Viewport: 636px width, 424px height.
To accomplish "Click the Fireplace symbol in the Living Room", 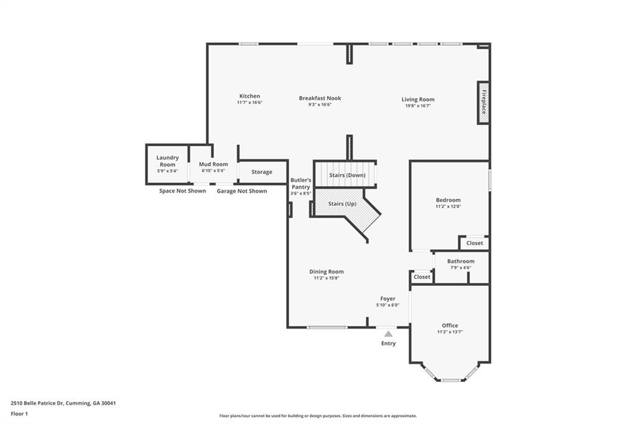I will (x=483, y=103).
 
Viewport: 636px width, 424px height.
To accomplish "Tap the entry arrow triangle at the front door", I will (x=388, y=334).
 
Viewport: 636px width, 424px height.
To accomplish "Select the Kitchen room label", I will (x=250, y=96).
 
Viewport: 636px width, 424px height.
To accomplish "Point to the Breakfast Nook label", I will (x=320, y=98).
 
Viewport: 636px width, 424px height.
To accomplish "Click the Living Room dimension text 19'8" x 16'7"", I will (x=418, y=106).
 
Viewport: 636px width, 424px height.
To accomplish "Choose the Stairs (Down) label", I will (x=347, y=175).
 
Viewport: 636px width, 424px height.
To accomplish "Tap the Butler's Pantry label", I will (x=301, y=183).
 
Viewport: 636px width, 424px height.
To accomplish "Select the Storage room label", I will (x=261, y=172).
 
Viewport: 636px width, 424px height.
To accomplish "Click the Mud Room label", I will (x=213, y=164).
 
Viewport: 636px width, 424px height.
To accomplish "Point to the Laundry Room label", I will (x=168, y=161).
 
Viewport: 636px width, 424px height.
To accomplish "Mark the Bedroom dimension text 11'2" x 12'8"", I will (x=448, y=206).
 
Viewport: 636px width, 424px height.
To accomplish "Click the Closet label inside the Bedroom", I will (x=475, y=243).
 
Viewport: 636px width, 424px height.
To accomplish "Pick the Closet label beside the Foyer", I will (x=422, y=277).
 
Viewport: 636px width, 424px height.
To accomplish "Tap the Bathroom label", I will (x=461, y=261).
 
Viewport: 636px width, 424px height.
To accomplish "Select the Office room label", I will (x=450, y=325).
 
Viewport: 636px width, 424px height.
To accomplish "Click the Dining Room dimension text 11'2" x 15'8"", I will (x=327, y=279).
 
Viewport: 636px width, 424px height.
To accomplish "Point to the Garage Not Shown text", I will (x=242, y=191).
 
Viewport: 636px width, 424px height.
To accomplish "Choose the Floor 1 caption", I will (x=19, y=413).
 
